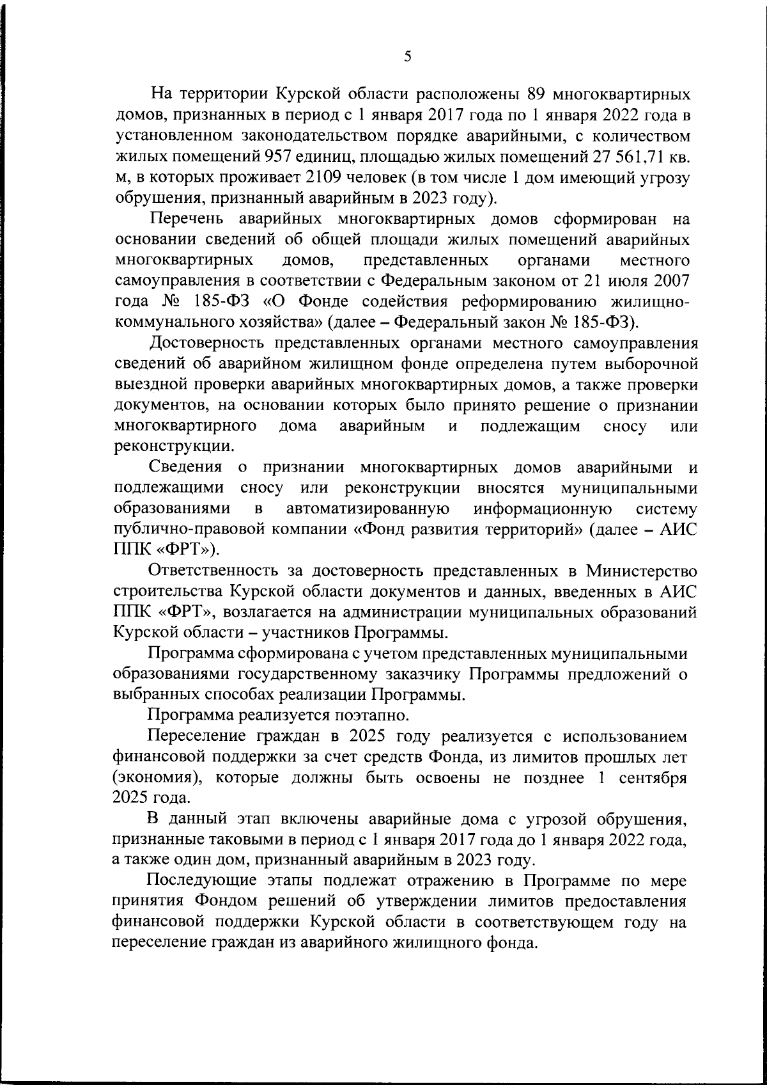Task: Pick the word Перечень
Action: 187,219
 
